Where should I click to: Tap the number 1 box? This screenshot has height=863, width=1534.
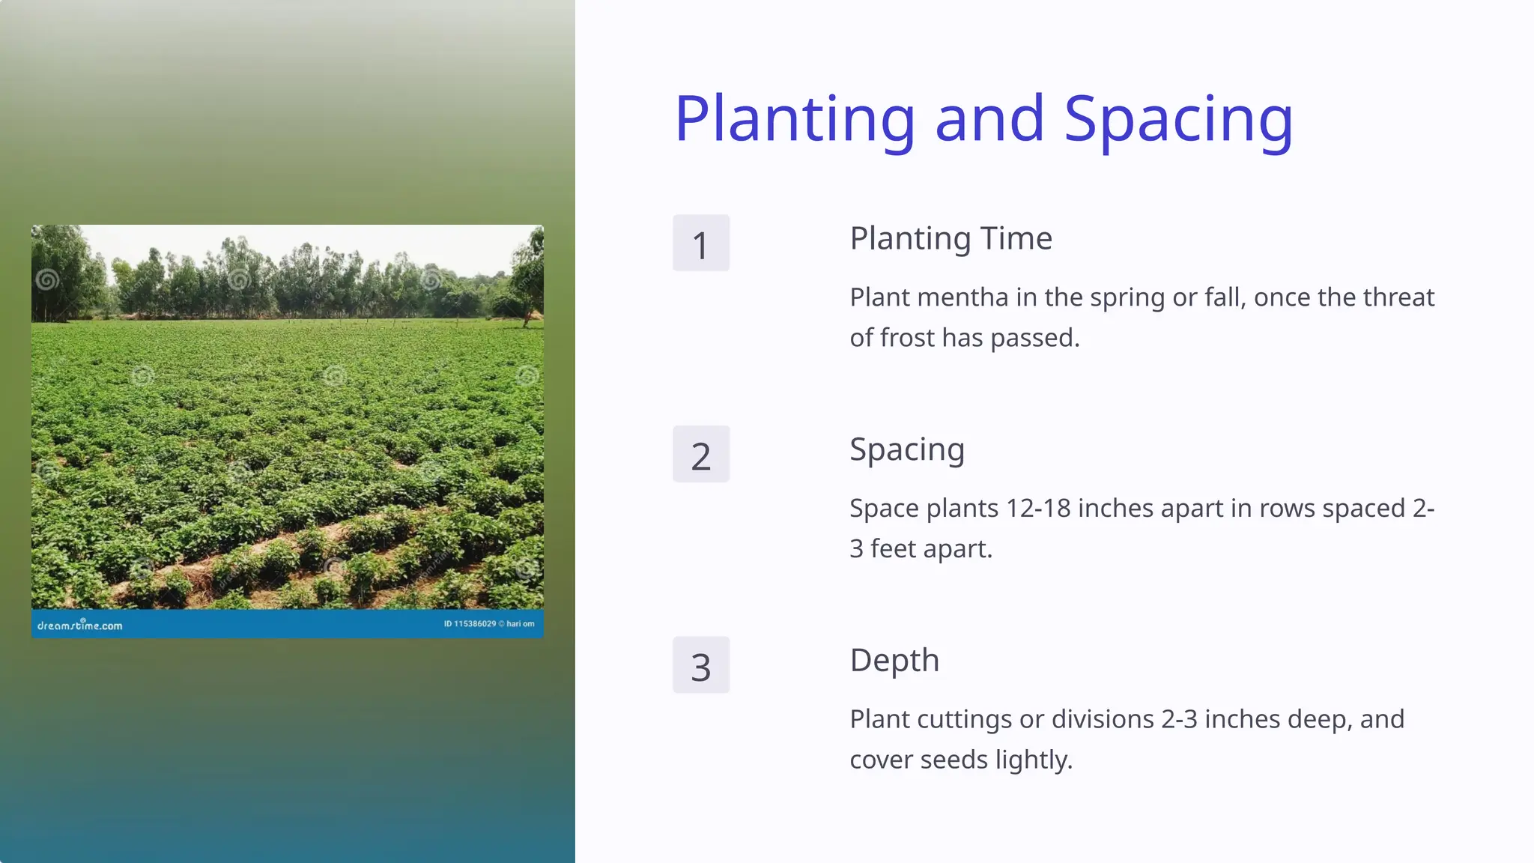(700, 243)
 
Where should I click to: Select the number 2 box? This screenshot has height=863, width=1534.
(700, 455)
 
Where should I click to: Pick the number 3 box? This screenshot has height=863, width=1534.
(700, 665)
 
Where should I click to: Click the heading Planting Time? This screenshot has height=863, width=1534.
(951, 238)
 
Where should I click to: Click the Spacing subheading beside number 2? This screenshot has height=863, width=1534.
(906, 449)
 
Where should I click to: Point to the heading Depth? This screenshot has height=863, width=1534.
(894, 660)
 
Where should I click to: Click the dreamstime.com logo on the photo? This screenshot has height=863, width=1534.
(79, 625)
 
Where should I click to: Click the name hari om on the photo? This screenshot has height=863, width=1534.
(521, 624)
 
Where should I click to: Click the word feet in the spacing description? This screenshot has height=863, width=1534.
(893, 549)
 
